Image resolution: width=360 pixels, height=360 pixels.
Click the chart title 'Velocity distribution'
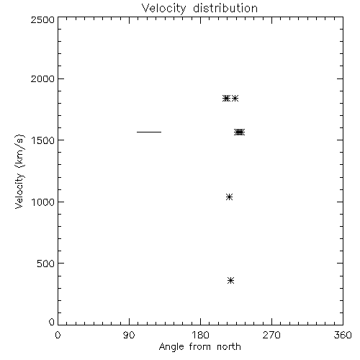point(199,9)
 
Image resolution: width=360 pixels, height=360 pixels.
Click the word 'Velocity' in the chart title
point(163,9)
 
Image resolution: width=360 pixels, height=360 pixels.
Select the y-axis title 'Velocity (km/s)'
point(19,171)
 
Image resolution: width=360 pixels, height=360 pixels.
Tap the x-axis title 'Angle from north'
point(200,347)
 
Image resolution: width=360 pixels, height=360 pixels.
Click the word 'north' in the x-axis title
point(229,347)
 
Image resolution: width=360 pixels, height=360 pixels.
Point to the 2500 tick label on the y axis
point(42,19)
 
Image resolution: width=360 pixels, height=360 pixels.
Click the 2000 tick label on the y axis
point(42,78)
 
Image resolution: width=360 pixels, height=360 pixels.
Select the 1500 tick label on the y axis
point(43,140)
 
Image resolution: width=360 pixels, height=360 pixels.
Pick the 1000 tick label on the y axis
point(43,202)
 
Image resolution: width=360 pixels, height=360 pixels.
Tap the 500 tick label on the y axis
point(46,264)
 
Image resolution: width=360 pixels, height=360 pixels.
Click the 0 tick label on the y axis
point(52,322)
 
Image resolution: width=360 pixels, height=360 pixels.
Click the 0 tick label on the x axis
point(58,335)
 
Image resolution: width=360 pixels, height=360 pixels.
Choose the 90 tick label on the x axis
point(129,335)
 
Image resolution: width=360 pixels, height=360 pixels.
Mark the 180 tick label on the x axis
point(200,335)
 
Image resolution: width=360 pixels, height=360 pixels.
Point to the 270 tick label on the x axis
point(271,335)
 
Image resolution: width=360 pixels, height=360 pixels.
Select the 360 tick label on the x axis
point(343,335)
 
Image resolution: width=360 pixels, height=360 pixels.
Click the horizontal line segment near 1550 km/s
point(149,132)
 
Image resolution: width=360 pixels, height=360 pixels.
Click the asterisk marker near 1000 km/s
point(229,197)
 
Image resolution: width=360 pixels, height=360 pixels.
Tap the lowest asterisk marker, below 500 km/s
point(230,281)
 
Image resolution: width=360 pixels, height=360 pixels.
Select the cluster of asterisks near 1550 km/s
point(240,132)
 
